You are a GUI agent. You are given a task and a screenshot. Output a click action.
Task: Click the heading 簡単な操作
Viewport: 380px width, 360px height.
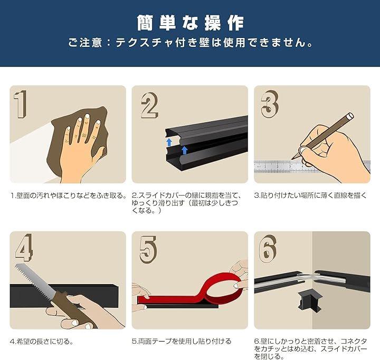[190, 23]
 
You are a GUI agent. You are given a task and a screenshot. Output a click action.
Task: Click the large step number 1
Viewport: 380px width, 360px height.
[20, 104]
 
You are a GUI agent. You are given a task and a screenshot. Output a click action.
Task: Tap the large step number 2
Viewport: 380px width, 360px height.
[149, 105]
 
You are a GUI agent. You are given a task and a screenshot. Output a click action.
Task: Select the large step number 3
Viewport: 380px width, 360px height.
[270, 104]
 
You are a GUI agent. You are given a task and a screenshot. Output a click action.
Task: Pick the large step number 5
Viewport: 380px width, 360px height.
[148, 250]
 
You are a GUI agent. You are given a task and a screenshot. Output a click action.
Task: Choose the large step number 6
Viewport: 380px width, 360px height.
[268, 248]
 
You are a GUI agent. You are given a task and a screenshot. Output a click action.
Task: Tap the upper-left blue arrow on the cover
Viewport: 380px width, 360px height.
[169, 142]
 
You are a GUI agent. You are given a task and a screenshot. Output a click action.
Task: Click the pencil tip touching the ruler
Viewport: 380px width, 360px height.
[292, 159]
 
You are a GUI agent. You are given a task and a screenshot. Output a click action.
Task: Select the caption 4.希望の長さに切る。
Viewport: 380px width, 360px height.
[42, 342]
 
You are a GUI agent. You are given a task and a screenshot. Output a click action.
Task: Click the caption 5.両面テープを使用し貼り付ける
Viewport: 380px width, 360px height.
[182, 342]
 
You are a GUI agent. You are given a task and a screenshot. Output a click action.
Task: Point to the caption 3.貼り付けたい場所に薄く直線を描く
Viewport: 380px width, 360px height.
[311, 196]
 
